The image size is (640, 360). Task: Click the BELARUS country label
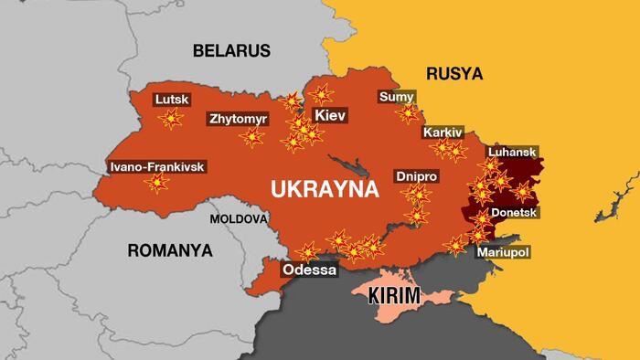tap(230, 50)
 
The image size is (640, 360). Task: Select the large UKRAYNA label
tap(325, 190)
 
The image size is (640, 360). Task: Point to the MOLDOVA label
tap(239, 219)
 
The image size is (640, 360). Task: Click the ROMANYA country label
tap(169, 249)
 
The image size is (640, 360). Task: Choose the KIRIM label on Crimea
tap(393, 296)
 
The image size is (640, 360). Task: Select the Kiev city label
tap(328, 116)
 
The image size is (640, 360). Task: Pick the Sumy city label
tap(396, 97)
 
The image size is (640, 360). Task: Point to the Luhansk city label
tap(512, 152)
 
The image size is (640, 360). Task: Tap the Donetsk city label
tap(515, 212)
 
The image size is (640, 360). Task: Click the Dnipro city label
tap(416, 175)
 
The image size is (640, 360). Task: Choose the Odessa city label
tap(308, 270)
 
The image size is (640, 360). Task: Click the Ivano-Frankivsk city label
tap(156, 166)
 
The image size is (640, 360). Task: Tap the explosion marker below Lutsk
tap(170, 119)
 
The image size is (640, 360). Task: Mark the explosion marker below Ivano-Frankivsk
tap(157, 184)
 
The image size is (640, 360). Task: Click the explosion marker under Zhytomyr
tap(251, 137)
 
